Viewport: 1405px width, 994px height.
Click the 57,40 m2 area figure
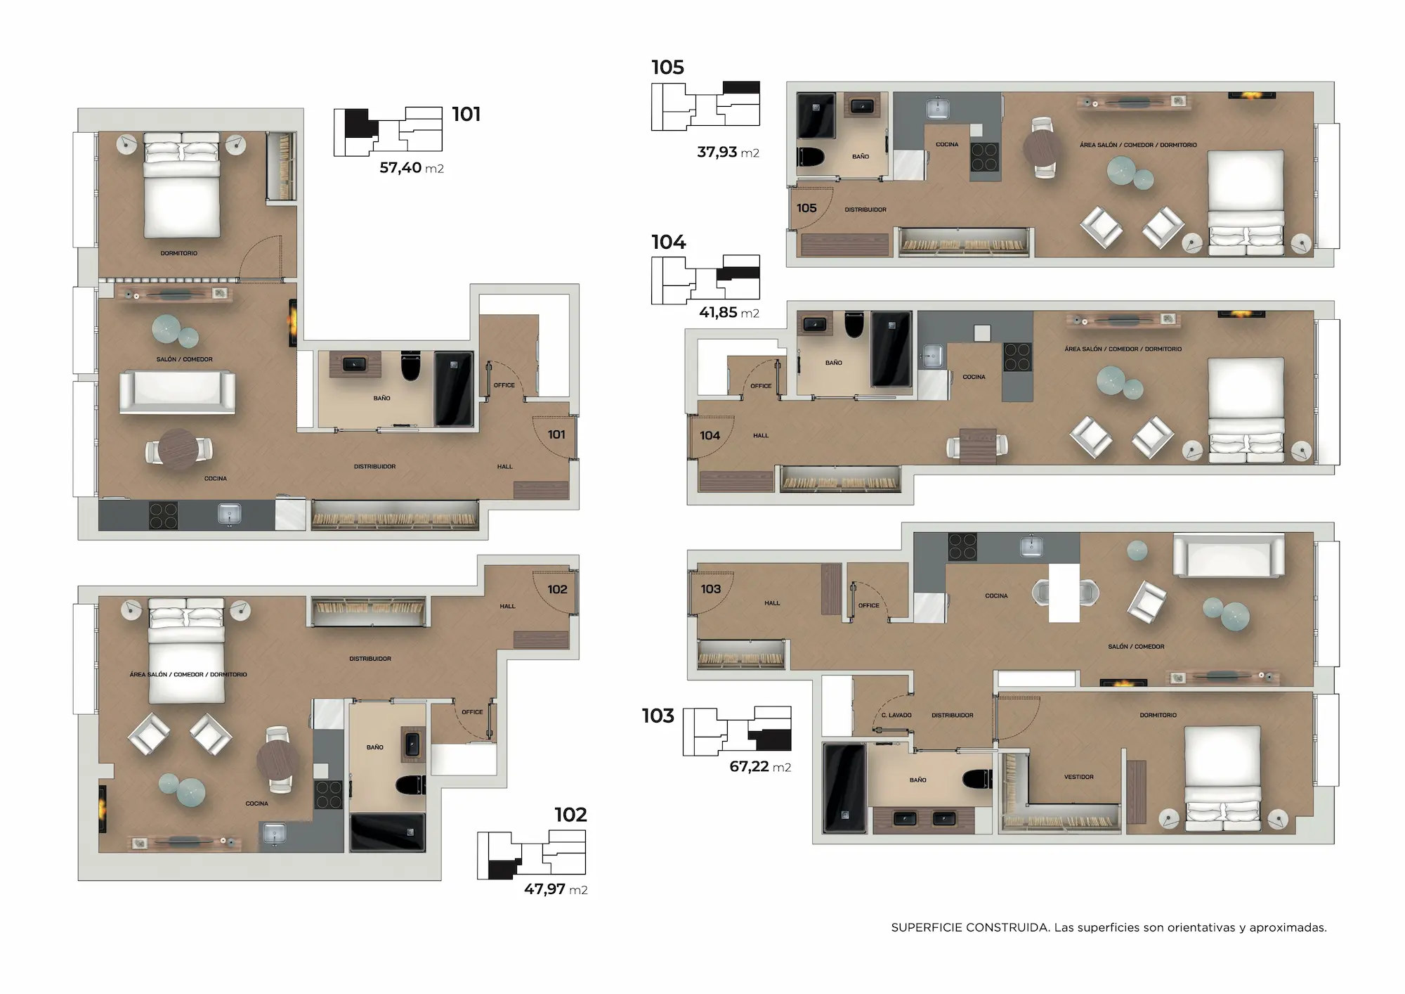(412, 168)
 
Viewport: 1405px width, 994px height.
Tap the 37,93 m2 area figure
(728, 153)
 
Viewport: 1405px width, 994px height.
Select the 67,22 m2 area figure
(760, 767)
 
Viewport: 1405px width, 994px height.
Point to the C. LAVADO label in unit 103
(896, 715)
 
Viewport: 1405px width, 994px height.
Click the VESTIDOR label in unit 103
(1079, 777)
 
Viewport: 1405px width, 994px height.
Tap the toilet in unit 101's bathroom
(410, 366)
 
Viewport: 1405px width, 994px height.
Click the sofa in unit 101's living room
(177, 392)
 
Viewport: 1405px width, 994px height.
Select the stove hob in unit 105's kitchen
(984, 157)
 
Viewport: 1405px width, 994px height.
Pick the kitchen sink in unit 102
(273, 834)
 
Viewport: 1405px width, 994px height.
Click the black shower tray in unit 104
(891, 349)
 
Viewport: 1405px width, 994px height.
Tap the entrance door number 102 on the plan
(557, 589)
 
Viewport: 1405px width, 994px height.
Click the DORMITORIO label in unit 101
(179, 253)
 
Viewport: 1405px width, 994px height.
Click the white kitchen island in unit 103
(1064, 593)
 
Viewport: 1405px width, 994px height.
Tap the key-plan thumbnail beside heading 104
(705, 279)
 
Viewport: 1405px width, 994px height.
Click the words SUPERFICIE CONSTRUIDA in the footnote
(969, 928)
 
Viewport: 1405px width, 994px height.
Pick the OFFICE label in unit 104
(761, 386)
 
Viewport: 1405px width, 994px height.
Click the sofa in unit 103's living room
(1229, 555)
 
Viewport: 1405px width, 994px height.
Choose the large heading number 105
(667, 67)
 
